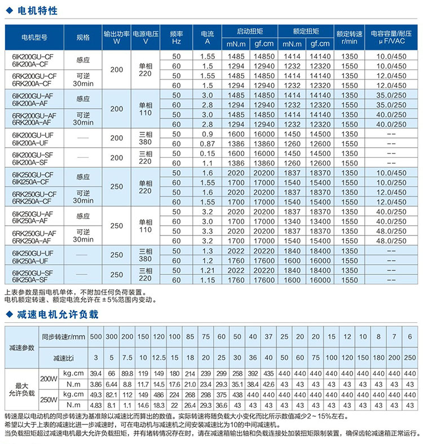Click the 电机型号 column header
[x=34, y=37]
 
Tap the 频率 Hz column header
[x=177, y=37]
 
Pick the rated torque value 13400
[x=321, y=221]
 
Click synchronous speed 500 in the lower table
[x=96, y=336]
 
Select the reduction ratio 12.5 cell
[x=159, y=357]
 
